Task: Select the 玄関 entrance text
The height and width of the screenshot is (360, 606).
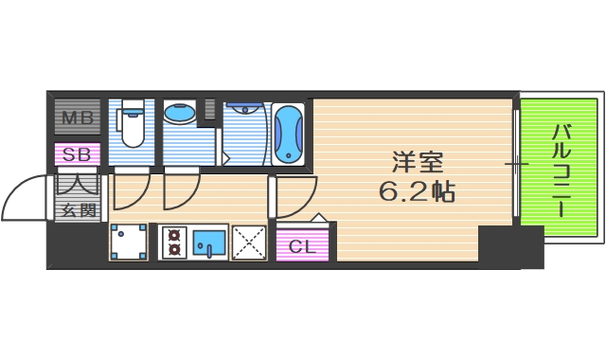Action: pos(77,210)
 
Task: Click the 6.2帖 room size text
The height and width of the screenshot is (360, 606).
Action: pos(418,193)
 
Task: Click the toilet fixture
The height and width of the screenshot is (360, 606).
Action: pos(131,126)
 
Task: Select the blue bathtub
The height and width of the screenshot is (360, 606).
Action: pos(289,134)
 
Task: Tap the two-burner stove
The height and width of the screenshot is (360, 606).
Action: pos(174,243)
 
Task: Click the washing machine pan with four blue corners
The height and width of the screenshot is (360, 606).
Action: pos(129,243)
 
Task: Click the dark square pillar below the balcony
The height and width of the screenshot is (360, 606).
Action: pos(509,246)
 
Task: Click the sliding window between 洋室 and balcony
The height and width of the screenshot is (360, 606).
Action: pos(516,165)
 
